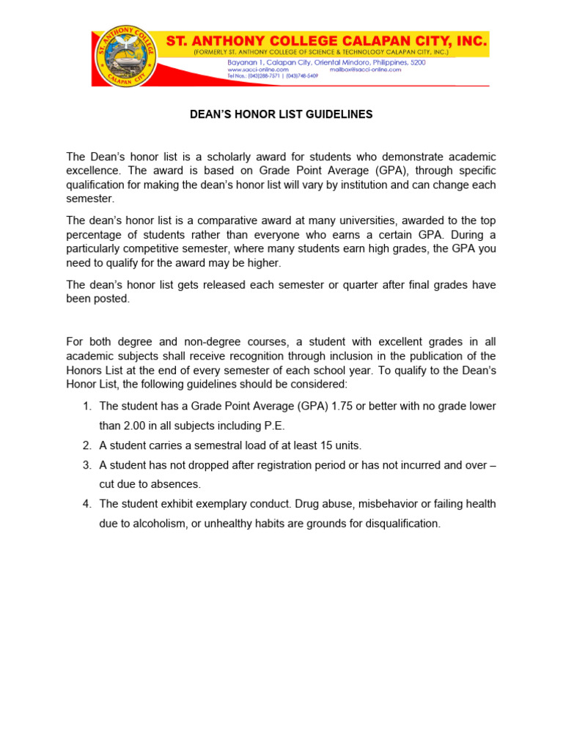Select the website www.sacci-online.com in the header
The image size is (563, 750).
click(257, 70)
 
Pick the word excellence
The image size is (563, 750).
click(91, 171)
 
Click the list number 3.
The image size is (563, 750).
click(86, 465)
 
